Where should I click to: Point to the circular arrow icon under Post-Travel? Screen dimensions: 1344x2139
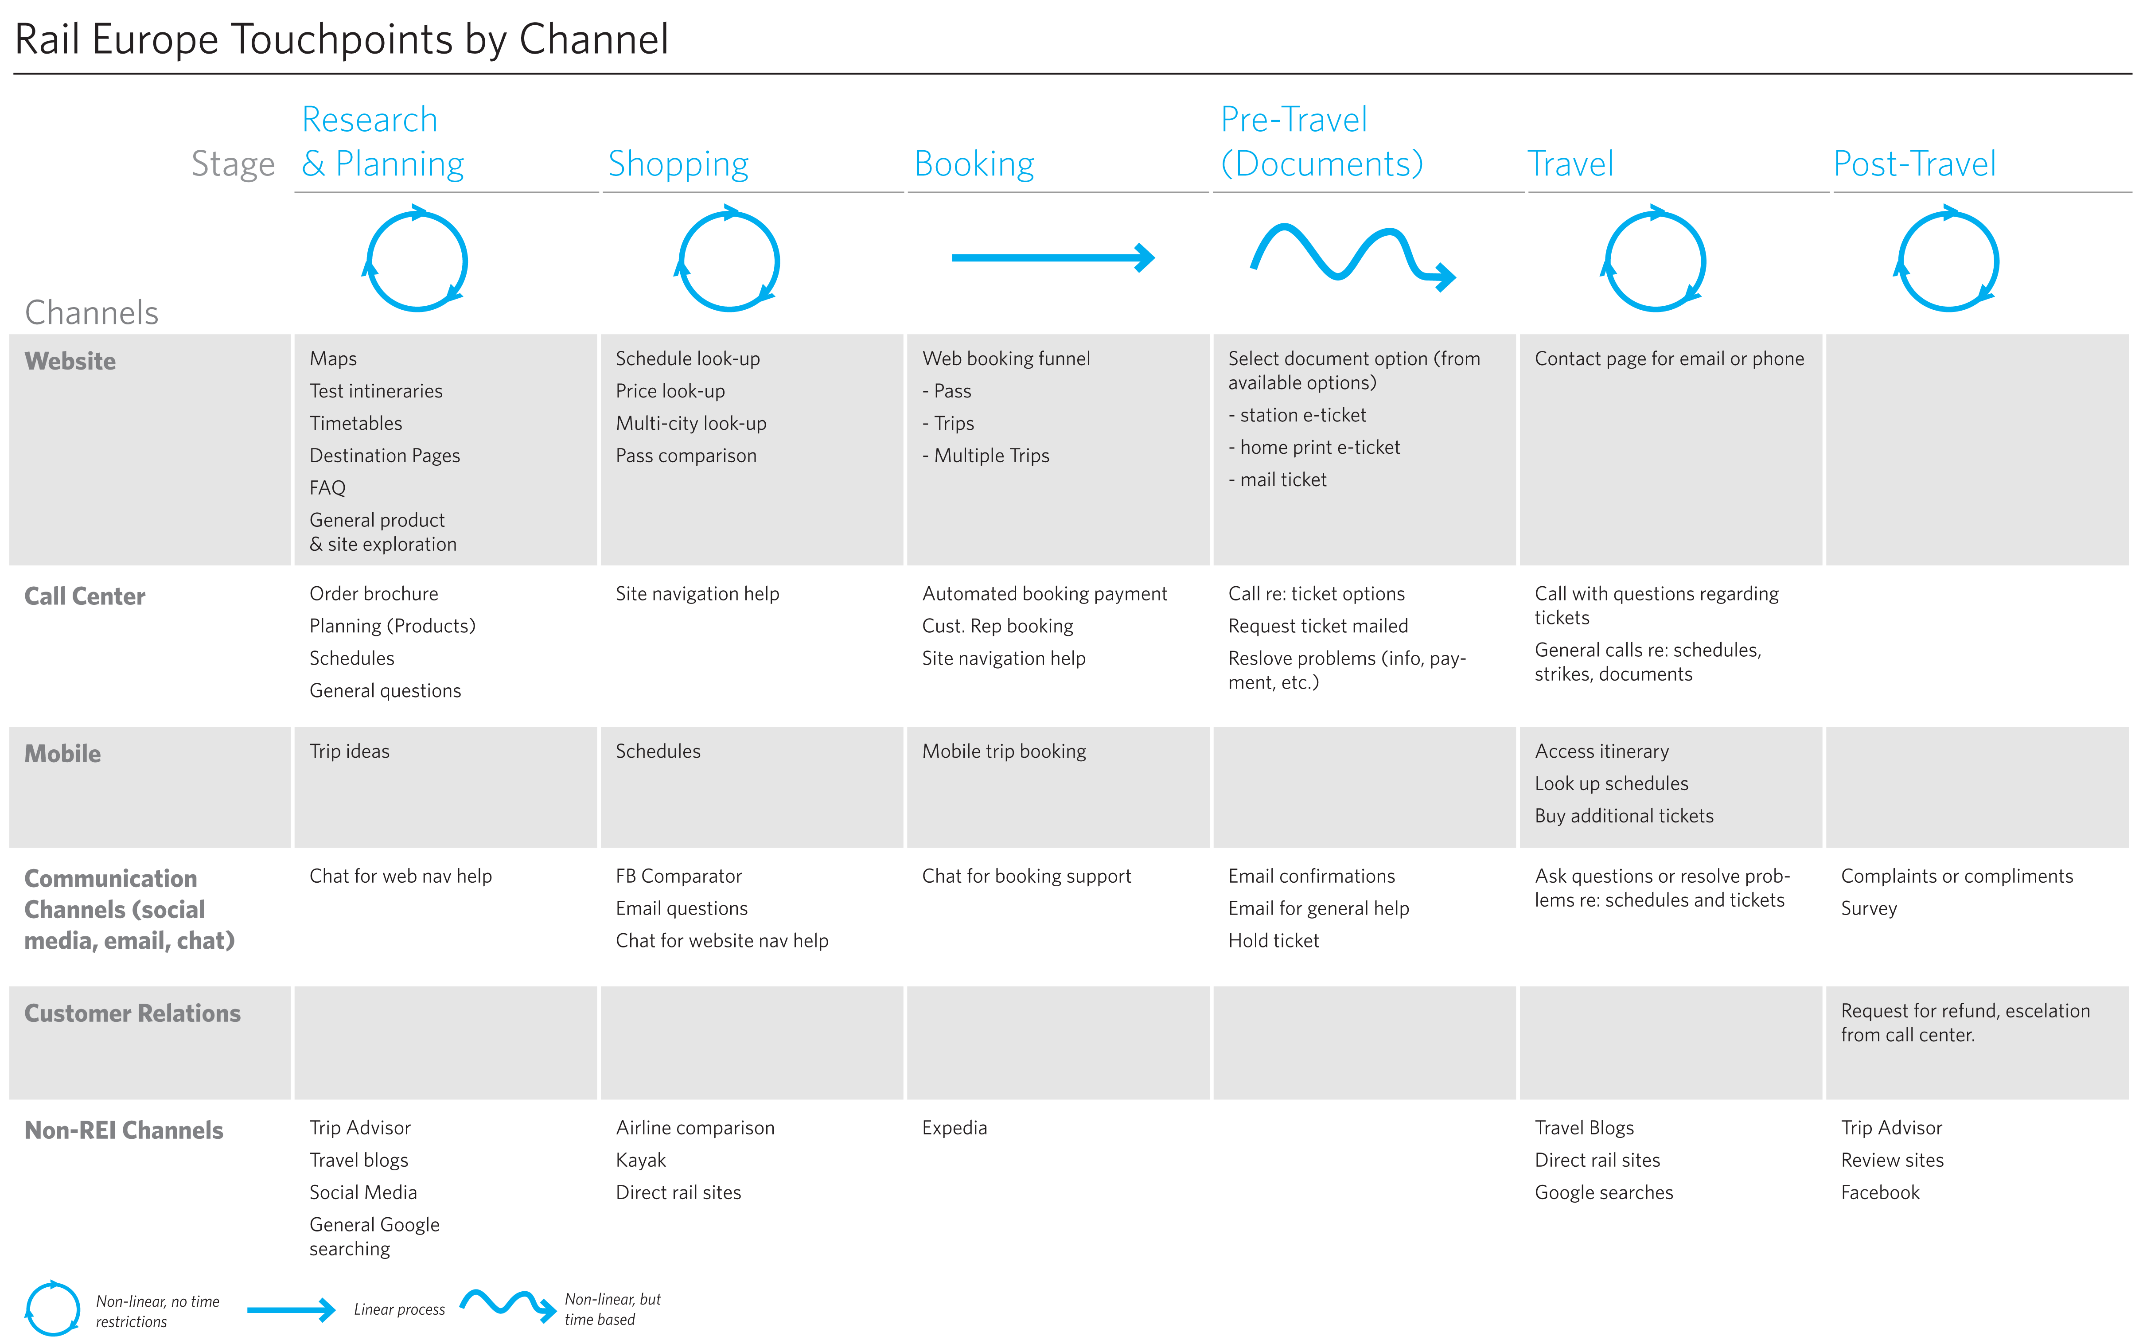tap(1947, 260)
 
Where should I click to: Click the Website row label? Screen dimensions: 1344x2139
tap(70, 362)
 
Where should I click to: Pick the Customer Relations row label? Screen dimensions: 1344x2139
tap(132, 1013)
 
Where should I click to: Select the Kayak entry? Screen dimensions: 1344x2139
tap(640, 1160)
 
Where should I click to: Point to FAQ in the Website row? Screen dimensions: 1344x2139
tap(327, 488)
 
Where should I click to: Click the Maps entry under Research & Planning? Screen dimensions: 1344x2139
tap(333, 359)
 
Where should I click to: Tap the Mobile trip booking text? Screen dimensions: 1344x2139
tap(1004, 752)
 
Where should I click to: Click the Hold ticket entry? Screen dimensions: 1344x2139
tap(1273, 941)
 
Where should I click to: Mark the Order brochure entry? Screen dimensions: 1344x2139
tap(373, 593)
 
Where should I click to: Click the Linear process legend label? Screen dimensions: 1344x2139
tap(399, 1309)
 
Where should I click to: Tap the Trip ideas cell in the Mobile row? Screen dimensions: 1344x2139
tap(349, 752)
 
